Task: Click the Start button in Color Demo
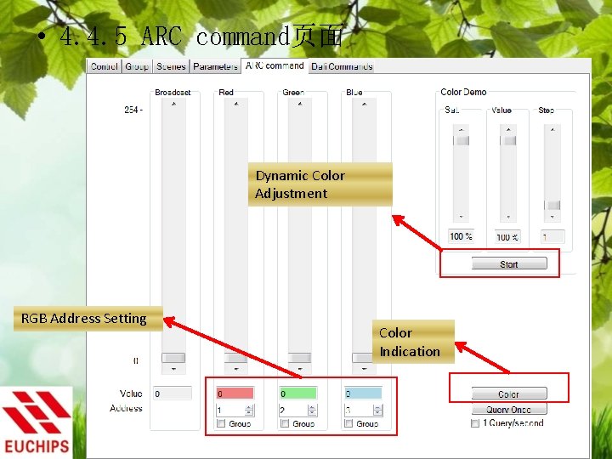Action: click(508, 264)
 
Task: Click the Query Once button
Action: click(508, 410)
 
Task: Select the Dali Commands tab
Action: click(342, 66)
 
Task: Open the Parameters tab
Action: click(215, 66)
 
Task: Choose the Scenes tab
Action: click(171, 66)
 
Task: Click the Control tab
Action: click(105, 66)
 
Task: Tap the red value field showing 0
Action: click(234, 394)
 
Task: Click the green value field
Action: click(297, 394)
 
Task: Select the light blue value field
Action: click(362, 394)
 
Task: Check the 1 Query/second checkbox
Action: click(475, 423)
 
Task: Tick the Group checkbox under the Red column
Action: click(221, 423)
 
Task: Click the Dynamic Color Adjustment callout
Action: click(320, 184)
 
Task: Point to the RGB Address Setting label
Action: click(84, 319)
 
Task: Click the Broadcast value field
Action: click(172, 394)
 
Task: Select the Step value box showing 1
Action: click(552, 236)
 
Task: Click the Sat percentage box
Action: click(461, 236)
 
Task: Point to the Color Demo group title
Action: click(463, 92)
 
